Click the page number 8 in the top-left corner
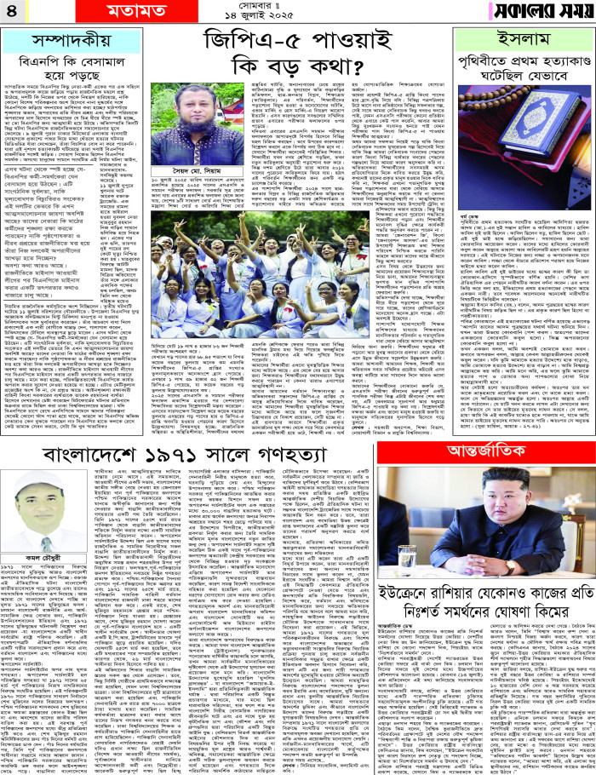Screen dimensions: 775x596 tap(12, 13)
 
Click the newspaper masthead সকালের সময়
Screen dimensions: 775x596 tap(536, 13)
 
